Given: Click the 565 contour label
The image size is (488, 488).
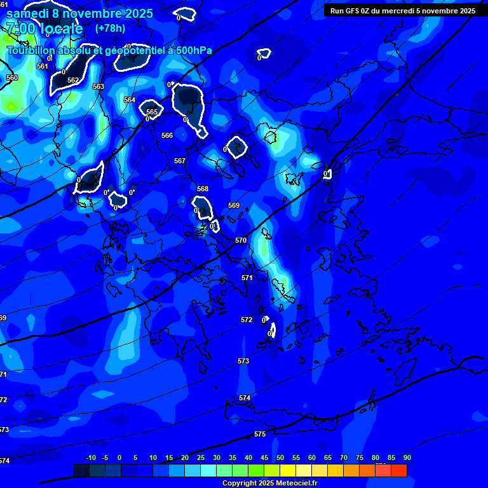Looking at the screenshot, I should pyautogui.click(x=152, y=112).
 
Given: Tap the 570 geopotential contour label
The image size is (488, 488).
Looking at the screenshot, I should pyautogui.click(x=240, y=240).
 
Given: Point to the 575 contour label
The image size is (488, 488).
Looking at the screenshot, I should pyautogui.click(x=259, y=434).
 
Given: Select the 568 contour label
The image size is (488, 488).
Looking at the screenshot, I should pyautogui.click(x=202, y=189).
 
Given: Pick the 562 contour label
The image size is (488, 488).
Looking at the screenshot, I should pyautogui.click(x=73, y=80).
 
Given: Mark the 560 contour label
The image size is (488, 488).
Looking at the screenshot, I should pyautogui.click(x=12, y=78).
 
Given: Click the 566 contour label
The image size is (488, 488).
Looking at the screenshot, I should pyautogui.click(x=167, y=135).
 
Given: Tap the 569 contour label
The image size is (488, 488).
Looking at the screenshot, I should pyautogui.click(x=234, y=205).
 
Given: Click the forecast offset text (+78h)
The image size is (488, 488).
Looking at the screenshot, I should pyautogui.click(x=110, y=28).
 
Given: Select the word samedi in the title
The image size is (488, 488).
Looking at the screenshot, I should pyautogui.click(x=28, y=13).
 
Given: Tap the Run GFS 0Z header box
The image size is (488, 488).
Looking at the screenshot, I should pyautogui.click(x=402, y=11).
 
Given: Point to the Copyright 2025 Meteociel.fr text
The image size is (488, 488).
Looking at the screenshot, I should pyautogui.click(x=269, y=484).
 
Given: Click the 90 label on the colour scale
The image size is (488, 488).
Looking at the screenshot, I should pyautogui.click(x=407, y=457).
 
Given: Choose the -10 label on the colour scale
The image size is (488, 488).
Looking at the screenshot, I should pyautogui.click(x=91, y=457).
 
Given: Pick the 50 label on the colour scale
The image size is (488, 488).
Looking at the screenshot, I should pyautogui.click(x=280, y=457).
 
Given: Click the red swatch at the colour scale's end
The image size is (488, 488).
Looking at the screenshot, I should pyautogui.click(x=398, y=470).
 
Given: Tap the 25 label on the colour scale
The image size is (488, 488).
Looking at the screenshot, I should pyautogui.click(x=201, y=457).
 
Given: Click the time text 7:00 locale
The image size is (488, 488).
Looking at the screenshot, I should pyautogui.click(x=44, y=29).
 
